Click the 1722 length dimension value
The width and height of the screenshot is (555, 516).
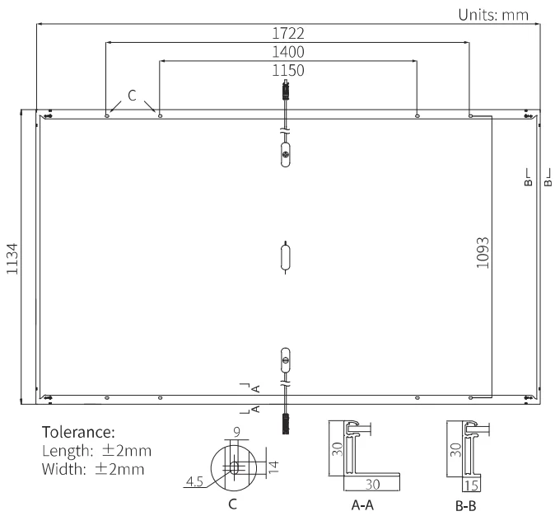click(287, 33)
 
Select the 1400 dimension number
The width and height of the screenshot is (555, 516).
click(287, 52)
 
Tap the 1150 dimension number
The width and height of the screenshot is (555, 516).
click(287, 71)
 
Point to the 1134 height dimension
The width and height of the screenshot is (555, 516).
click(12, 258)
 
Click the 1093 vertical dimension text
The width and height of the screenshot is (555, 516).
click(483, 253)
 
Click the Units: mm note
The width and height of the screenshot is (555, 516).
click(493, 15)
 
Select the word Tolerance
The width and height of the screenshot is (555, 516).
click(78, 433)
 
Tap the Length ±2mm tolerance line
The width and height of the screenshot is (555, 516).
click(96, 451)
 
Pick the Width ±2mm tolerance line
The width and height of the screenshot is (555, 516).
click(93, 469)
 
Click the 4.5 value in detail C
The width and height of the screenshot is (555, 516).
click(194, 481)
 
